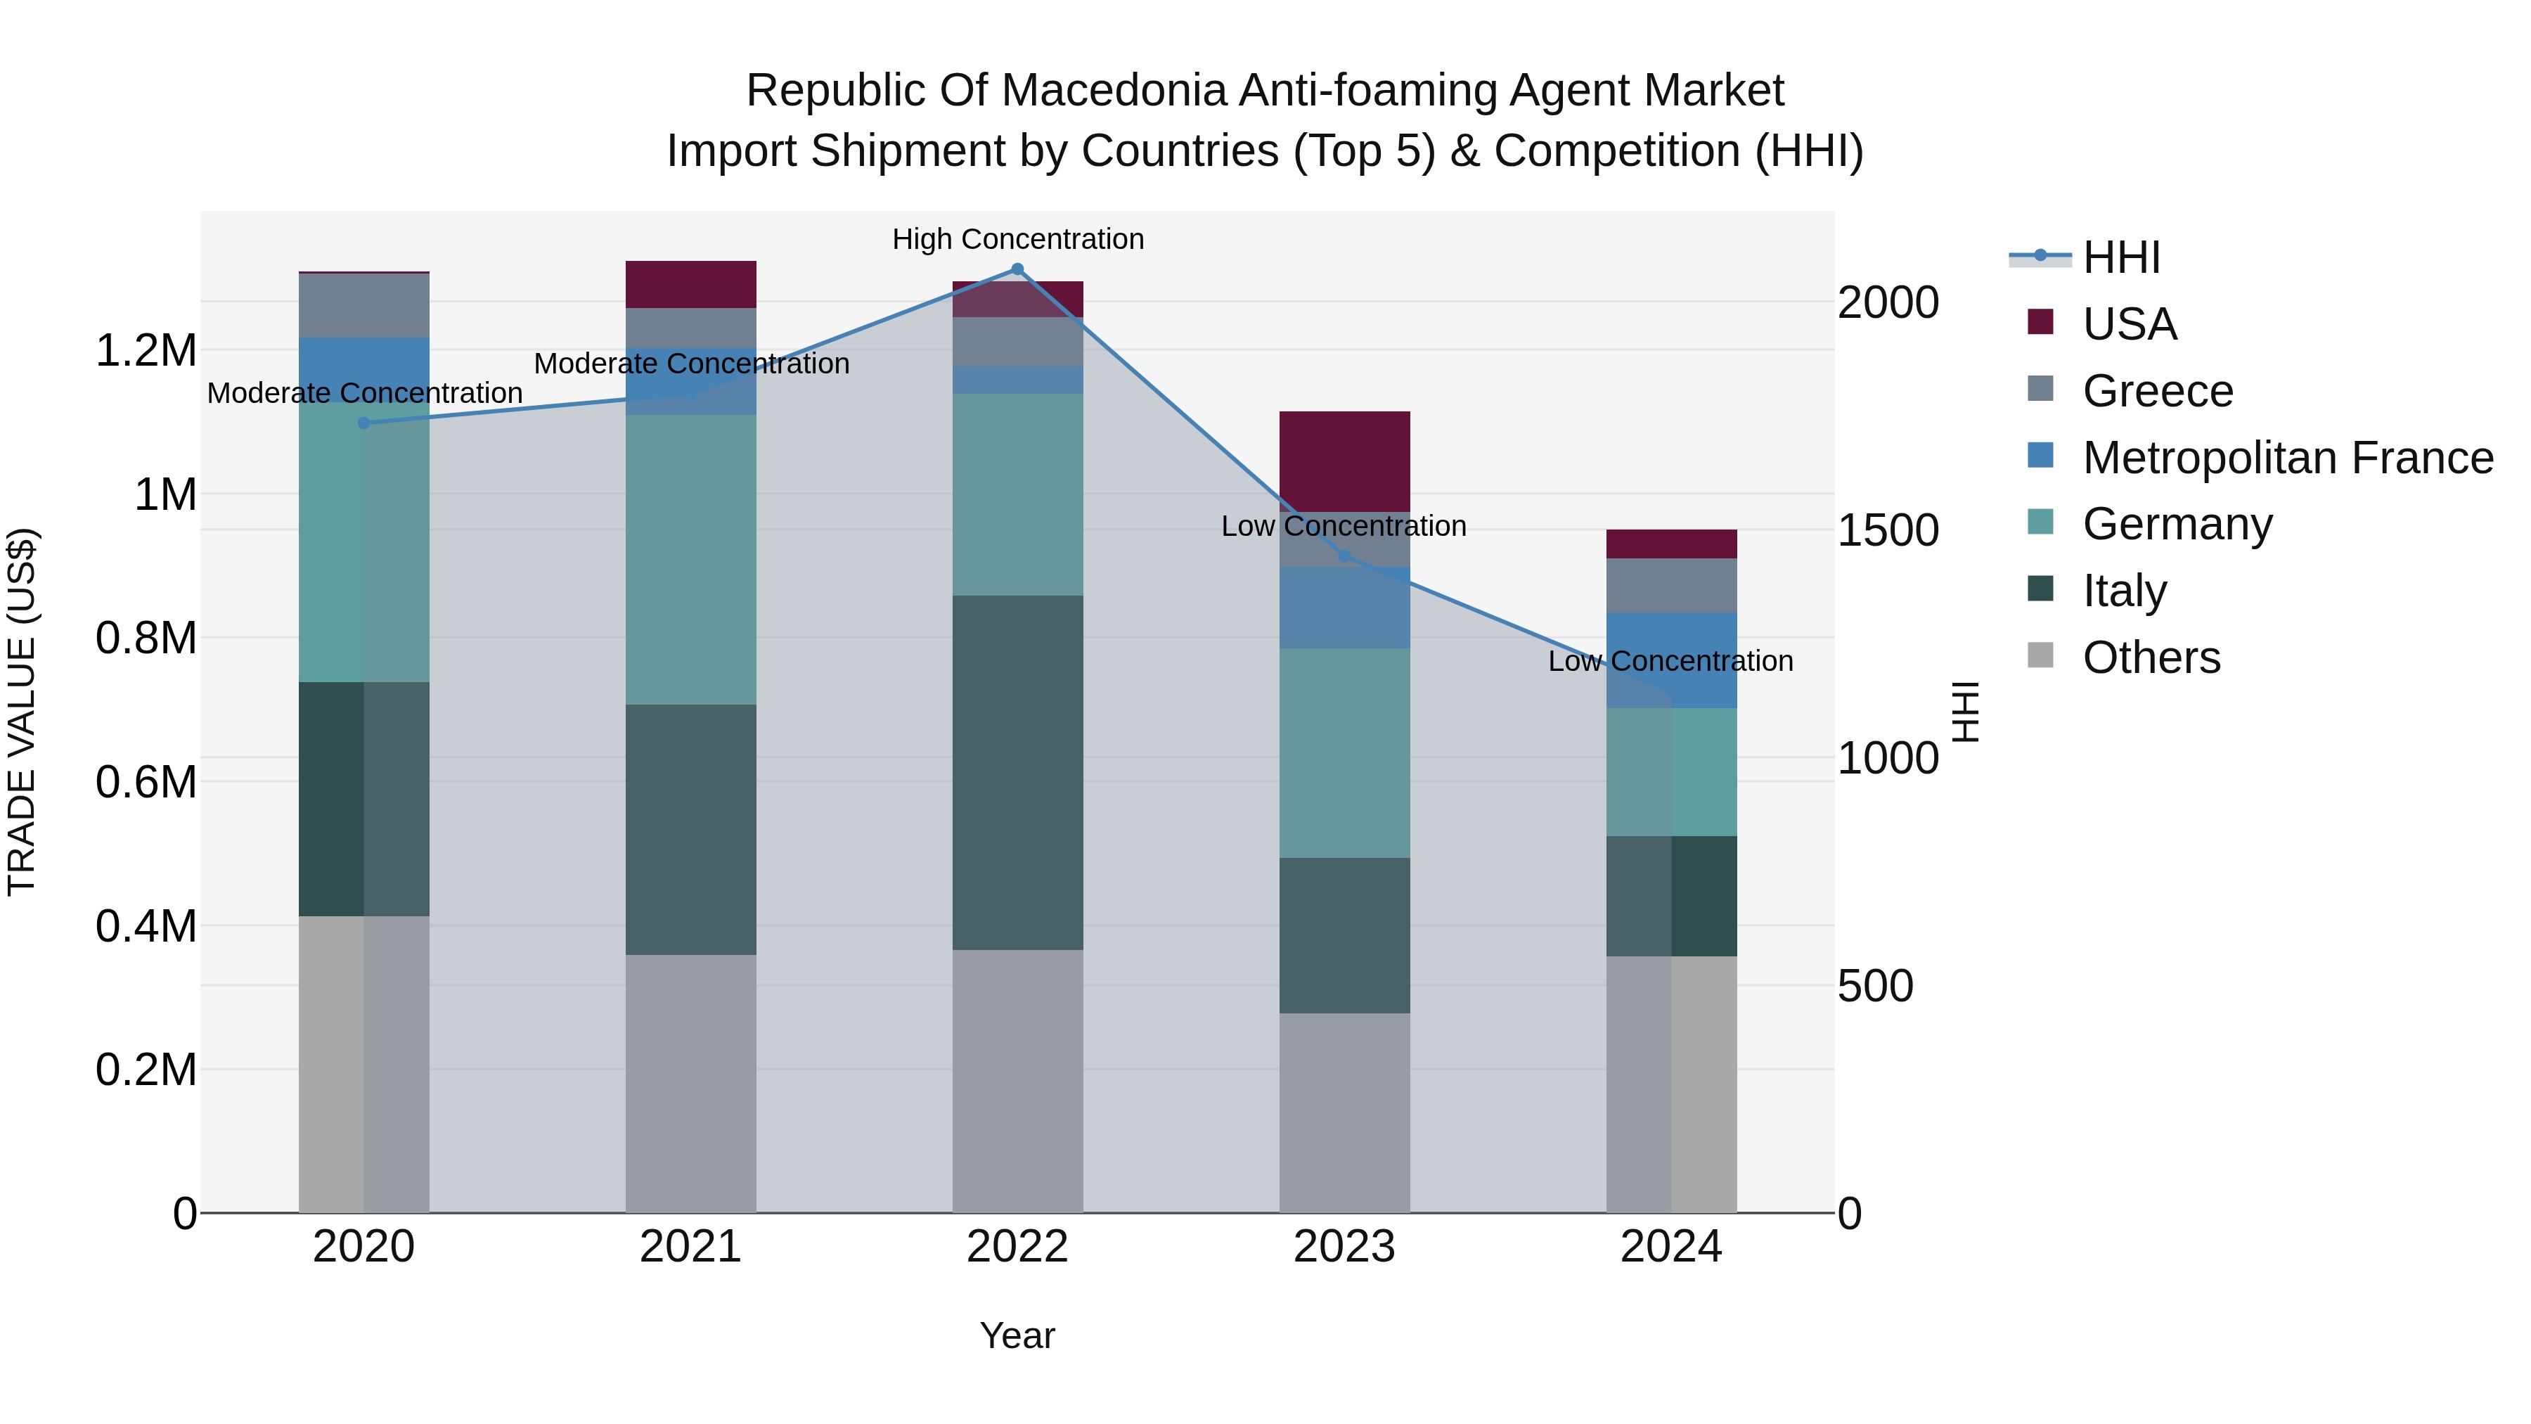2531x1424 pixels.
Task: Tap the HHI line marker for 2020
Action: coord(363,423)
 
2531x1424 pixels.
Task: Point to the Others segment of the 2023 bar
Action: coord(1344,1112)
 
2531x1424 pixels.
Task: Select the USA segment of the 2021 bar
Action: coord(690,284)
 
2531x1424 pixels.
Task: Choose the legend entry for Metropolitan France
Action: coord(2287,458)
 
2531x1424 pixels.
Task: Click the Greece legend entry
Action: coord(2158,391)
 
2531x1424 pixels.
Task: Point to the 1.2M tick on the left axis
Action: coord(146,350)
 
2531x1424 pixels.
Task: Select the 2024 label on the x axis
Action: coord(1670,1247)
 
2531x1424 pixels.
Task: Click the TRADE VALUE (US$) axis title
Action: coord(22,712)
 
